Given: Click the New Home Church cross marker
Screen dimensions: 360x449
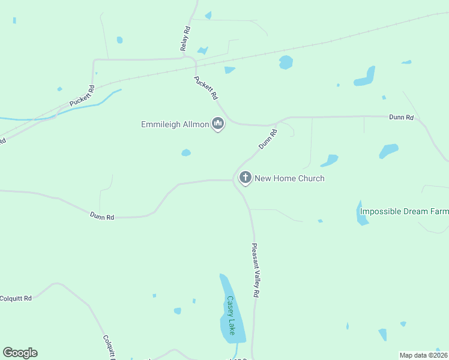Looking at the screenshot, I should (x=245, y=178).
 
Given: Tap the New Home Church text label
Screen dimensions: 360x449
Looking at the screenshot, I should (x=289, y=178).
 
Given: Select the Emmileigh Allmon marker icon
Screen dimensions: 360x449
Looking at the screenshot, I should (x=218, y=124).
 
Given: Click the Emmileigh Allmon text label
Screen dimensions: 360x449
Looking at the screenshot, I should (x=175, y=124).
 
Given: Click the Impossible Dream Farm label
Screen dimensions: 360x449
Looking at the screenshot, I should (x=404, y=211).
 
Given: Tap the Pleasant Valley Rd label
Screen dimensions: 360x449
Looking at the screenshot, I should (x=255, y=270).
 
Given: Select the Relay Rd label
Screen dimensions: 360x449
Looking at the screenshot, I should (x=185, y=38).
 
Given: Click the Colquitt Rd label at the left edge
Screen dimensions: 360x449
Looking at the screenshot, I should (x=16, y=298).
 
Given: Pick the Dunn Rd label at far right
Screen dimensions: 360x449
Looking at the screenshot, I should (x=401, y=118).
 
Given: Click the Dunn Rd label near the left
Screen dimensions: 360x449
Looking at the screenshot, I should (x=102, y=217).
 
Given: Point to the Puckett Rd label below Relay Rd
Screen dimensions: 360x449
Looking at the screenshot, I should (x=206, y=88).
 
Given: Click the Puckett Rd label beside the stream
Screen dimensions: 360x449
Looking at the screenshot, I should (x=82, y=96).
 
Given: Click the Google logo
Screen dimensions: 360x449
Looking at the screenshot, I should (x=20, y=353).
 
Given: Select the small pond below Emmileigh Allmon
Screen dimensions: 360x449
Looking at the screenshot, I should (x=186, y=152).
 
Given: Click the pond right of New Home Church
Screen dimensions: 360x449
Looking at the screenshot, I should (x=330, y=160).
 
